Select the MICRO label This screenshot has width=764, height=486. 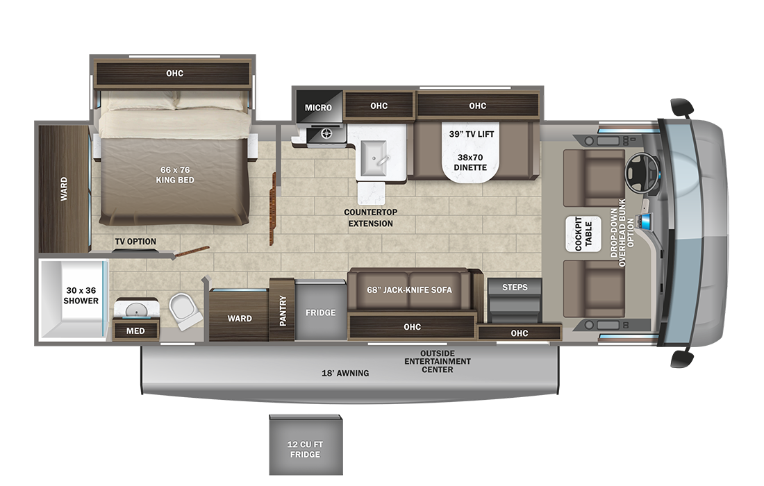pyautogui.click(x=319, y=107)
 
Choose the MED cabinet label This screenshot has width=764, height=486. pyautogui.click(x=135, y=330)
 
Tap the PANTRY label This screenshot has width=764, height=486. pyautogui.click(x=283, y=312)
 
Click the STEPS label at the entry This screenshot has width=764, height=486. pyautogui.click(x=515, y=287)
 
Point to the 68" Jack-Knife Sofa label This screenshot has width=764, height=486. pyautogui.click(x=410, y=290)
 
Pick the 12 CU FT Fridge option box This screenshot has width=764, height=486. pyautogui.click(x=306, y=449)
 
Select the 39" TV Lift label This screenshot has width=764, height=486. pyautogui.click(x=472, y=134)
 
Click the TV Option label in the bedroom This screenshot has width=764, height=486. pyautogui.click(x=135, y=242)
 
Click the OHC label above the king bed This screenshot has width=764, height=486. pyautogui.click(x=174, y=73)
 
